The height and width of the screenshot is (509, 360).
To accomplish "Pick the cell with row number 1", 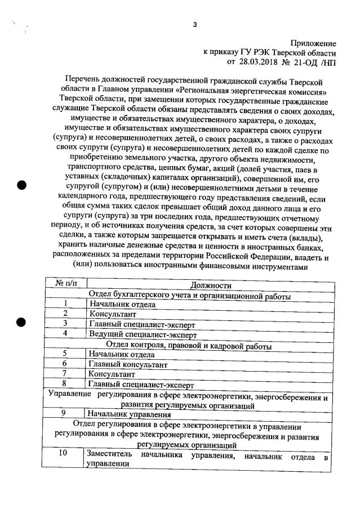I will [66, 304].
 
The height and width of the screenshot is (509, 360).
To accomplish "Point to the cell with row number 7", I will [65, 373].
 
